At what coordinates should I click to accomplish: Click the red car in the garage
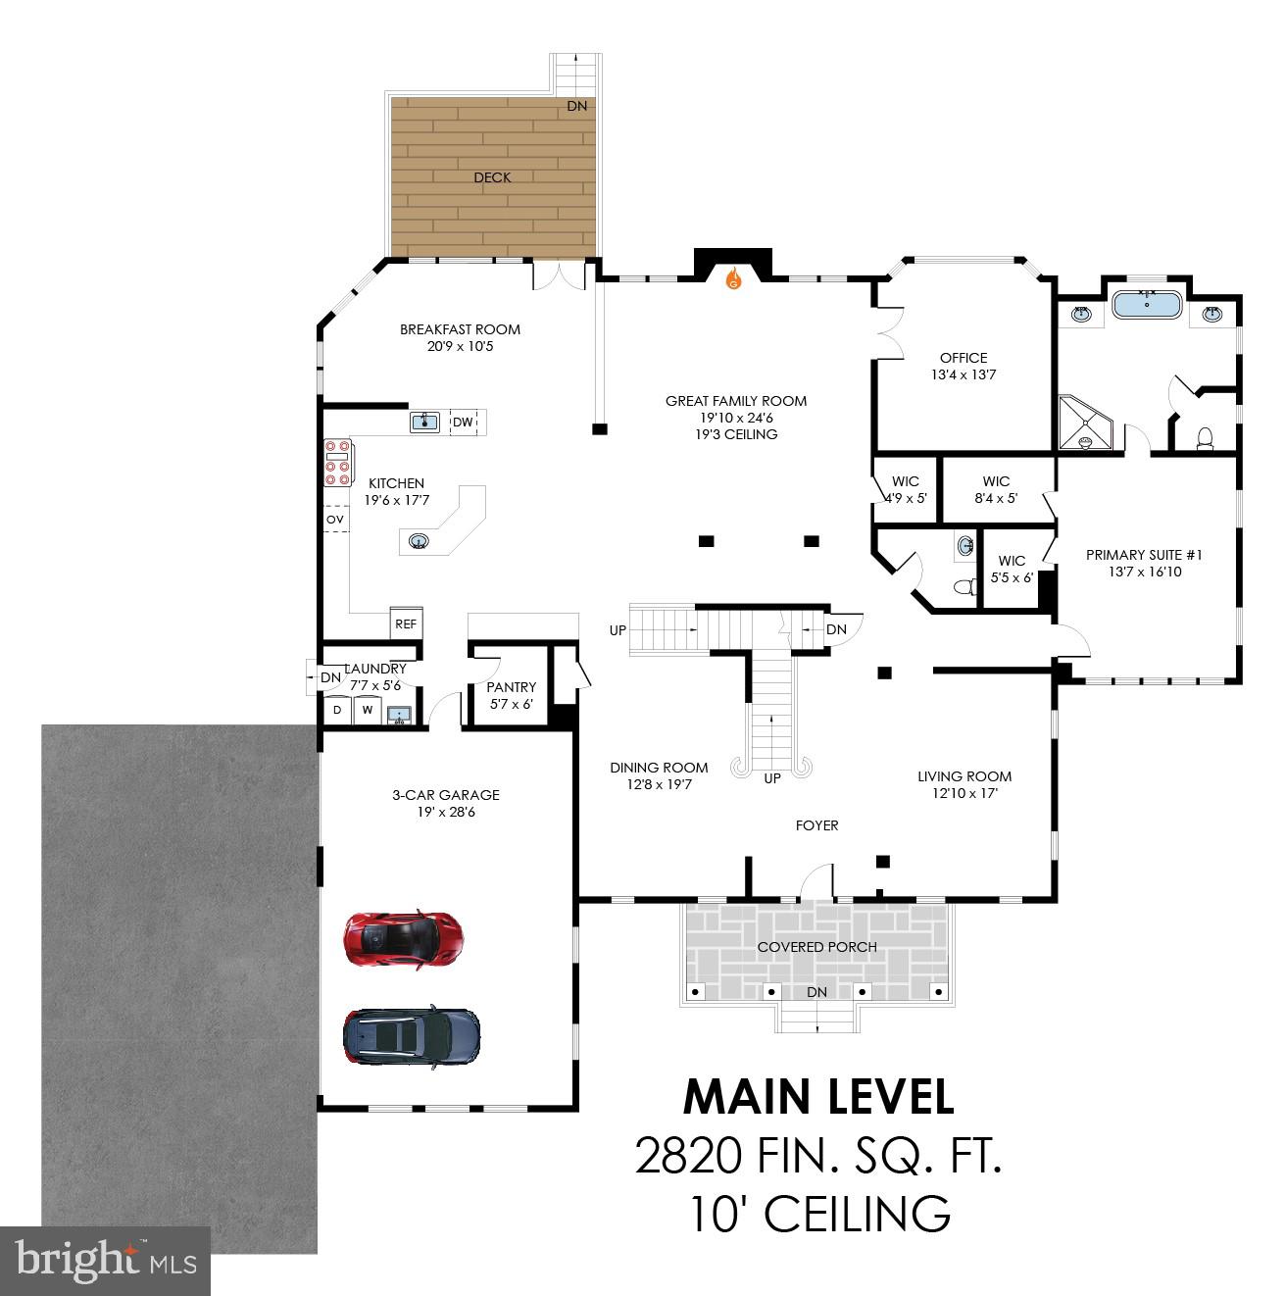[x=402, y=937]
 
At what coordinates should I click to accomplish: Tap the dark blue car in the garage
[x=412, y=1035]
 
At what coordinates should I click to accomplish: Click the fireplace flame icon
[x=733, y=280]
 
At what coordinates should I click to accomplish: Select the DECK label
[x=492, y=177]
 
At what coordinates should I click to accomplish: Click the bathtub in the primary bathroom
[x=1146, y=304]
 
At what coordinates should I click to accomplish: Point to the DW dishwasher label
[x=463, y=423]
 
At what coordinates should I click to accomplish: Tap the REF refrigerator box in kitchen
[x=406, y=623]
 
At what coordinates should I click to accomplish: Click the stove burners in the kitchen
[x=337, y=461]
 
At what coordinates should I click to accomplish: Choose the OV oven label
[x=335, y=519]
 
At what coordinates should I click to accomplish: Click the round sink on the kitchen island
[x=419, y=540]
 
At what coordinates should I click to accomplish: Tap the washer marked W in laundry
[x=368, y=710]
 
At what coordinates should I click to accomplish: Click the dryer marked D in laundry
[x=337, y=710]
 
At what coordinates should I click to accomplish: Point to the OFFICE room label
[x=963, y=358]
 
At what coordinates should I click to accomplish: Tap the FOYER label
[x=816, y=825]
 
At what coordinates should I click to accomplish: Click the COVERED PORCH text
[x=816, y=947]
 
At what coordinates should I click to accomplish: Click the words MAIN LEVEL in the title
[x=817, y=1097]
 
